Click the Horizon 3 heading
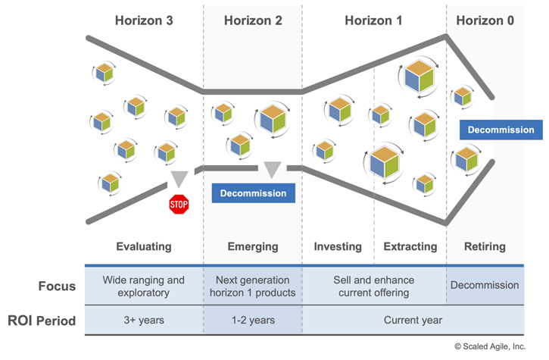tap(144, 20)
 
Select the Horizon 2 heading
tap(253, 20)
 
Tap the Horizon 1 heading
tap(373, 20)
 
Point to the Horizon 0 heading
tap(485, 20)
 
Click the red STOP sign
tap(179, 204)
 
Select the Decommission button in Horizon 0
tap(501, 130)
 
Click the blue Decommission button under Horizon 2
tap(253, 193)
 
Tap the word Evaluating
tap(144, 246)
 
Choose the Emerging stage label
tap(253, 246)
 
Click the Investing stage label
tap(338, 246)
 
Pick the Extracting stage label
tap(410, 246)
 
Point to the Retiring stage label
tap(485, 246)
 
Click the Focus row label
tap(58, 286)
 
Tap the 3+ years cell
tap(144, 321)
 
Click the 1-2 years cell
tap(253, 321)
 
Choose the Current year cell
tap(413, 321)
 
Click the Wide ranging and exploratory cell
tap(144, 286)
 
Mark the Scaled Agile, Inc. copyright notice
tap(489, 346)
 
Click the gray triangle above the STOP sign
tap(179, 179)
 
